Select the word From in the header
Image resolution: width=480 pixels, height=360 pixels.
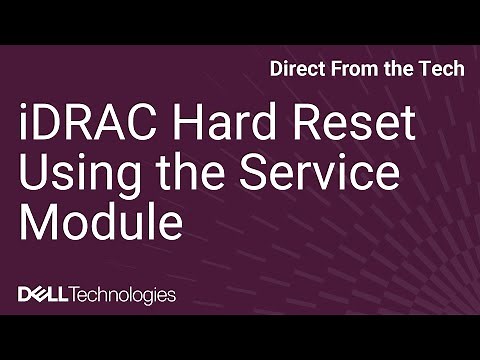[x=354, y=71]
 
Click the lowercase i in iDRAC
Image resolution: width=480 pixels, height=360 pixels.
[x=24, y=129]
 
